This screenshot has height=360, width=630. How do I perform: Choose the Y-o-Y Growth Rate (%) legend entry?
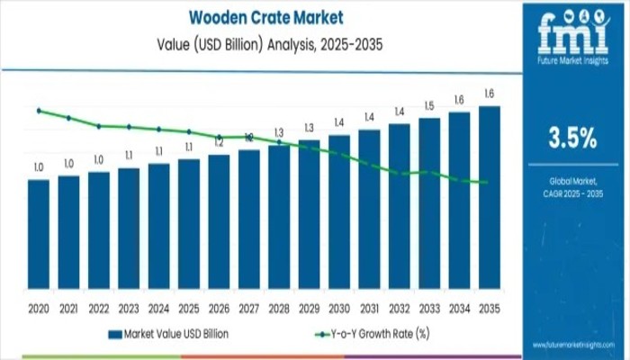click(x=371, y=334)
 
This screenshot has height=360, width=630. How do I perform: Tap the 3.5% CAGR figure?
click(x=572, y=137)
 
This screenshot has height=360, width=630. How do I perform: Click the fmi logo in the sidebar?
click(x=572, y=36)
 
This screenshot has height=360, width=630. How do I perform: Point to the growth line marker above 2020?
click(x=39, y=111)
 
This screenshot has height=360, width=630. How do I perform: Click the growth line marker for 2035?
click(x=487, y=183)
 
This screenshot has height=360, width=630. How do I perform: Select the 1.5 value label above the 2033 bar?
click(x=429, y=105)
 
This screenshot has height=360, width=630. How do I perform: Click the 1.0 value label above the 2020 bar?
click(x=39, y=167)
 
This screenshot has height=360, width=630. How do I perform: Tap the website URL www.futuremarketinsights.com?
click(x=572, y=345)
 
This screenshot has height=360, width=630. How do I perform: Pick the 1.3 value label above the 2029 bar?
click(x=309, y=128)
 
